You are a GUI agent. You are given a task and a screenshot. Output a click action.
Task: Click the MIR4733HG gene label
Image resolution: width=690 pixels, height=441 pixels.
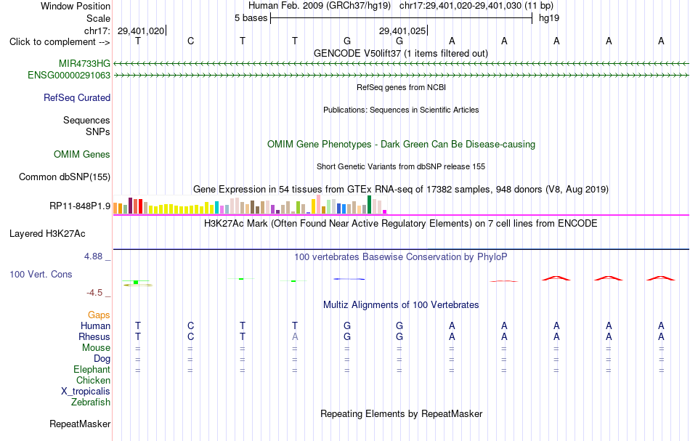84,63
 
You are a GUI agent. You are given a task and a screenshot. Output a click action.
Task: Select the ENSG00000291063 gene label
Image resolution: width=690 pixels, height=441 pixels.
69,76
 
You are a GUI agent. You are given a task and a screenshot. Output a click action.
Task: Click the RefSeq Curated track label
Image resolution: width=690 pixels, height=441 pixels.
77,97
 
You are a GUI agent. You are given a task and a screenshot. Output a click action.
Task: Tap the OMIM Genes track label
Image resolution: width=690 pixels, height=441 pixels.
82,155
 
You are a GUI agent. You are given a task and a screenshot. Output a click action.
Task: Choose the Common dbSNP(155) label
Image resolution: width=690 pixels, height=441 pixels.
65,177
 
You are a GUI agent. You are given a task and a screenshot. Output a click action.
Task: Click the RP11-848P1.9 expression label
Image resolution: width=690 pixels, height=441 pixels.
80,206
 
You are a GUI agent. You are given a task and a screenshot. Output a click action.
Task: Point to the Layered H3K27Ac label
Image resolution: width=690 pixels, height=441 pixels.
47,234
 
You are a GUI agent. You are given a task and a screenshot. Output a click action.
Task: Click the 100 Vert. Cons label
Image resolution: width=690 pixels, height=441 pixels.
41,274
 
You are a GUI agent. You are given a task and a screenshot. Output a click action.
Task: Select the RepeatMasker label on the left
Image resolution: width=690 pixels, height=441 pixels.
80,424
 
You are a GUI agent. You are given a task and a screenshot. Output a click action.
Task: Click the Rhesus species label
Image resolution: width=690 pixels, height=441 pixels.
94,336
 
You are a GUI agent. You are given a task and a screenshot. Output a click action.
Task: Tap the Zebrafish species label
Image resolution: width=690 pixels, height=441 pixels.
91,402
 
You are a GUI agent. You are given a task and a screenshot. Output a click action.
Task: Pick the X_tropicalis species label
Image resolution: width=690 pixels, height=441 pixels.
86,392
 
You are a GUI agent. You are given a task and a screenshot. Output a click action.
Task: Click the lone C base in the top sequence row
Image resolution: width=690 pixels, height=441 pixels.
190,41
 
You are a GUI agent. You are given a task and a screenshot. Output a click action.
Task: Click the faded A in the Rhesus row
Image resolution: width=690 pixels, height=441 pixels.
295,336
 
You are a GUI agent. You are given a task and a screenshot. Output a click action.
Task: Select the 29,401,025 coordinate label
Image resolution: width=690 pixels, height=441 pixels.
402,31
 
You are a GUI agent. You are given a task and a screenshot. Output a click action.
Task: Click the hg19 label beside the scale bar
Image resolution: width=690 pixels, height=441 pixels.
549,18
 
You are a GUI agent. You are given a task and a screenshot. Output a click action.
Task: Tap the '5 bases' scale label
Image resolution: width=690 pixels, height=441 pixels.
251,18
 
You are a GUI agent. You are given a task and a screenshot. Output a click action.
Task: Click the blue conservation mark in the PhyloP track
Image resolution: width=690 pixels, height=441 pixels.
349,278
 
